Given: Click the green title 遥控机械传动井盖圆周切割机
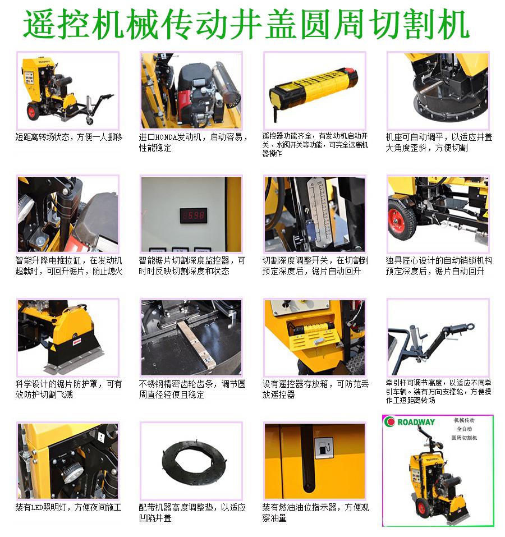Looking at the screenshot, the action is coord(246,24).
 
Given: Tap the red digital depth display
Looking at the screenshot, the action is coord(194,215).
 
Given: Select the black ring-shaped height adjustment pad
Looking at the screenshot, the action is coord(194,461).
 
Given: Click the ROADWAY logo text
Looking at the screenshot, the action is coord(416,422).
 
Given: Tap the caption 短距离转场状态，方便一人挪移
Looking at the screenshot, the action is coord(69,137).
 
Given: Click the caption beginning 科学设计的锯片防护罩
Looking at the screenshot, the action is coord(68,389).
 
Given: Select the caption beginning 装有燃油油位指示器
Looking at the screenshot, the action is coord(315,513).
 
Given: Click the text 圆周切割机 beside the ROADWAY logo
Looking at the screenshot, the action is coord(464,438).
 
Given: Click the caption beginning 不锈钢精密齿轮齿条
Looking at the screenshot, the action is coord(192,389).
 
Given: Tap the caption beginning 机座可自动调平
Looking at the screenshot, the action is coord(439,143).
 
